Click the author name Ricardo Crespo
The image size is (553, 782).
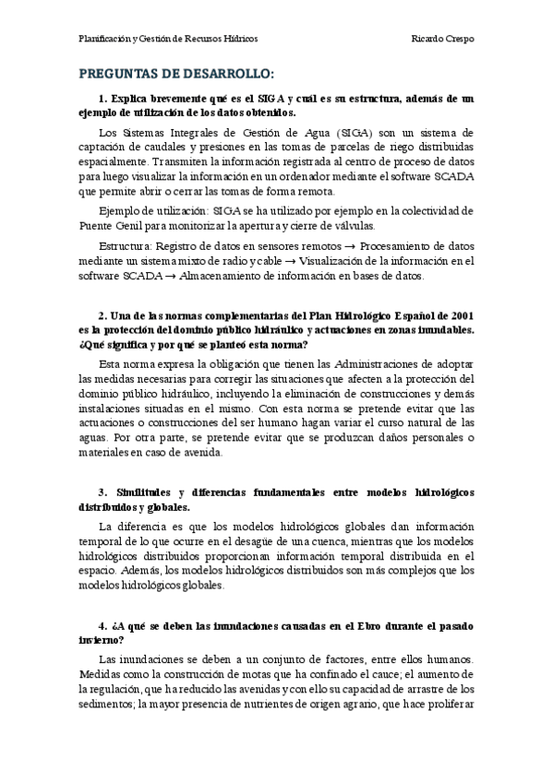pyautogui.click(x=444, y=40)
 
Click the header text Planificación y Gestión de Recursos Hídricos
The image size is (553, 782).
pyautogui.click(x=168, y=40)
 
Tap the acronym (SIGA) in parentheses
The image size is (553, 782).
pyautogui.click(x=331, y=134)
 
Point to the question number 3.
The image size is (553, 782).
pyautogui.click(x=102, y=493)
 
